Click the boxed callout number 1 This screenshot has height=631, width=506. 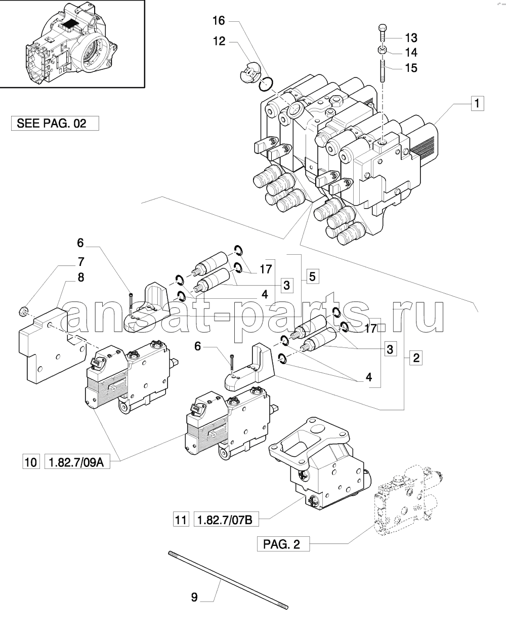(x=477, y=103)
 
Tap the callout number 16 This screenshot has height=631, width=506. (x=219, y=21)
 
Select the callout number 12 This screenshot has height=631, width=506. (x=219, y=42)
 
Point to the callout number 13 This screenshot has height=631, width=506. (x=411, y=38)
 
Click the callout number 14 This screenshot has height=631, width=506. (x=411, y=53)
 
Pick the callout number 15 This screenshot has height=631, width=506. (x=411, y=68)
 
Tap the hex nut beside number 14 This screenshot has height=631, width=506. (x=383, y=51)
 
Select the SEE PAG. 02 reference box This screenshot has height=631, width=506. (x=55, y=124)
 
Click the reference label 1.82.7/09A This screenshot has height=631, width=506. (x=77, y=462)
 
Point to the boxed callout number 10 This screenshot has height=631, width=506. (x=31, y=462)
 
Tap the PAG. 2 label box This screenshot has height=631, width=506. (x=283, y=544)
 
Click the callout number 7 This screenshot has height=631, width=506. (x=81, y=262)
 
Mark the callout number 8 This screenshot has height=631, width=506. (x=81, y=278)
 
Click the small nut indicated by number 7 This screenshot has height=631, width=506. (x=23, y=311)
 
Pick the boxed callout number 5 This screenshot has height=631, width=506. (x=313, y=276)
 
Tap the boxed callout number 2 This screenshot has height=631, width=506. (x=416, y=358)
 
